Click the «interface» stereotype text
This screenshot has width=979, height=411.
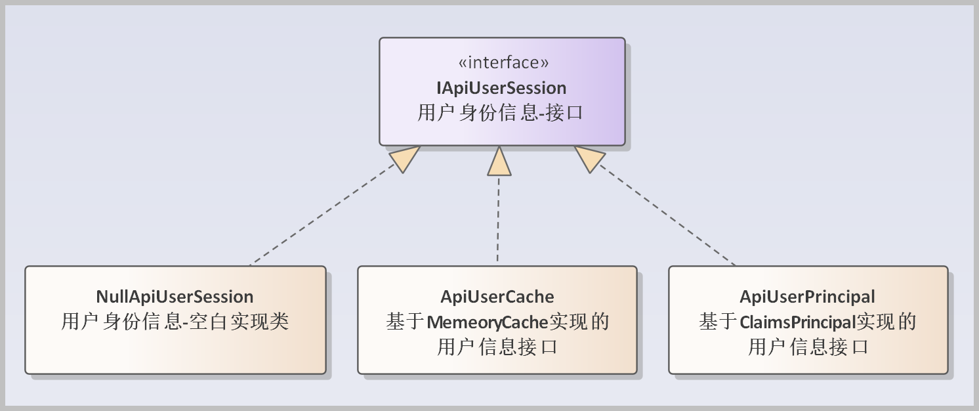click(503, 62)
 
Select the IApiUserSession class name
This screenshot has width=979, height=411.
click(502, 87)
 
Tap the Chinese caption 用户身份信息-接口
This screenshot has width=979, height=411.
click(501, 112)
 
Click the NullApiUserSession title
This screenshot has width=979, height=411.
click(175, 297)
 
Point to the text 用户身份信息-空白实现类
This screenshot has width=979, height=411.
click(175, 322)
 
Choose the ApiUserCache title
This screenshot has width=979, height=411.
click(497, 297)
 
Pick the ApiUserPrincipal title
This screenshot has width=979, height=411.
click(807, 297)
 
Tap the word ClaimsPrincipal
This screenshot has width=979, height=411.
click(799, 322)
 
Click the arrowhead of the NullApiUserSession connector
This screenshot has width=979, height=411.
click(404, 158)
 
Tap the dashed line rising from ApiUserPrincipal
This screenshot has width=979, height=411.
click(669, 217)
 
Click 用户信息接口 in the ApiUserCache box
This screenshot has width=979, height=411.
click(497, 347)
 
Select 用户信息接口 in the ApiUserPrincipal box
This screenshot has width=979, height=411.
click(808, 347)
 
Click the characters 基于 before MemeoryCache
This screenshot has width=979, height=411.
click(406, 322)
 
